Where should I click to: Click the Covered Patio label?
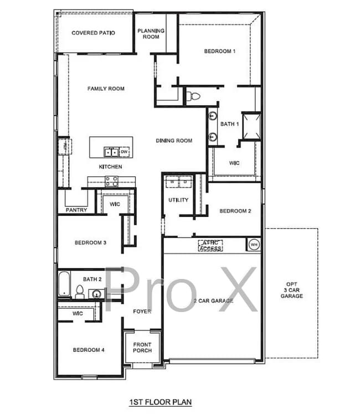pos(93,33)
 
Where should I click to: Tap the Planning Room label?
pos(151,34)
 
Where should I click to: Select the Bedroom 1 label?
pos(220,51)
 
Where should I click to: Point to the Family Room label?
pos(106,89)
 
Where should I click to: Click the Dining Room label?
pos(174,141)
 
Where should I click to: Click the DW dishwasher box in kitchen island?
pos(125,152)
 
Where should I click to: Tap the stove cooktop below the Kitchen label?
pos(111,179)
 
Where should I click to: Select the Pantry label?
pos(76,210)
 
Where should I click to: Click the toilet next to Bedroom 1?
pos(193,96)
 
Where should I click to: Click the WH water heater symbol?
pos(254,244)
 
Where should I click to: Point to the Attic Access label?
pos(210,245)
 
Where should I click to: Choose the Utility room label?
pos(178,200)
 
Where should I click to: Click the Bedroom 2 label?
pos(235,211)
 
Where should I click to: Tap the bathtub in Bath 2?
pos(64,283)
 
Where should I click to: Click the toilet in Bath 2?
pos(79,292)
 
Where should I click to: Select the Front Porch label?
pos(142,347)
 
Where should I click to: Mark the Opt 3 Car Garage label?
pos(291,291)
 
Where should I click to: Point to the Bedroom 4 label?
pos(89,350)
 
